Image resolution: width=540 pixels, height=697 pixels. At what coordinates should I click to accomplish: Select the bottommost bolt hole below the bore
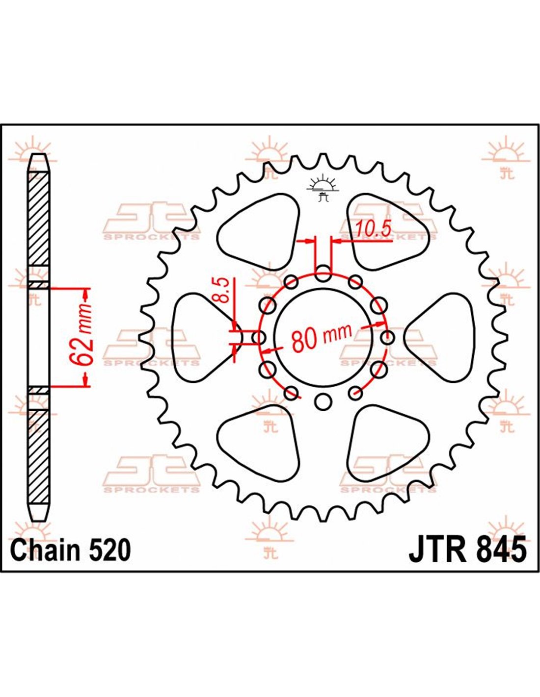323,401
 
